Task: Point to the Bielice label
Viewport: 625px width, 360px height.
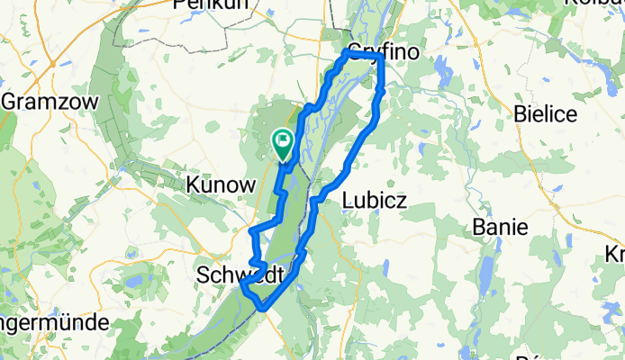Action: tap(546, 112)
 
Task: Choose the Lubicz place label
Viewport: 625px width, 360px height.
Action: tap(375, 202)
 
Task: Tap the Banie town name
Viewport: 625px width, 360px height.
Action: tap(500, 228)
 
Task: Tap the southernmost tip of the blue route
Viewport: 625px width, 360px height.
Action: tap(263, 309)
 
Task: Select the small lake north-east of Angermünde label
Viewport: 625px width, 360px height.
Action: tap(133, 282)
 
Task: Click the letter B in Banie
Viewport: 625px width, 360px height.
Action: tap(479, 228)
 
